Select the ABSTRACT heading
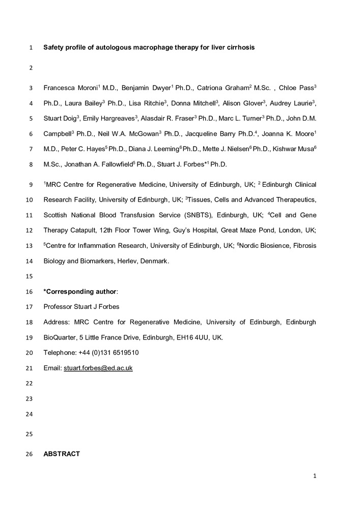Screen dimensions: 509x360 (x=62, y=454)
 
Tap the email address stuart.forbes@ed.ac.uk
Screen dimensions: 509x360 (x=98, y=367)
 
